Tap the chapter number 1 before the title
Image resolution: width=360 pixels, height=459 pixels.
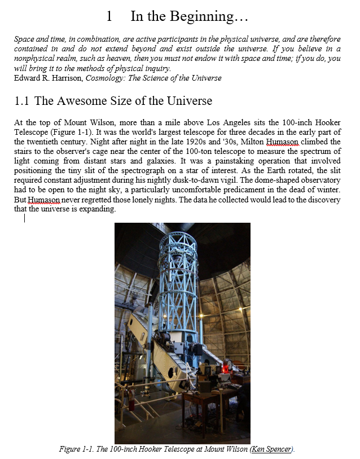pyautogui.click(x=109, y=17)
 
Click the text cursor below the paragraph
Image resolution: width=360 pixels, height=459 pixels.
pyautogui.click(x=24, y=218)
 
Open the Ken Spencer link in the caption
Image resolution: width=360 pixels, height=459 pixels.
pyautogui.click(x=272, y=449)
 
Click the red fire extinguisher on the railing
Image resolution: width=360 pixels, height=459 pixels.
pyautogui.click(x=131, y=401)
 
